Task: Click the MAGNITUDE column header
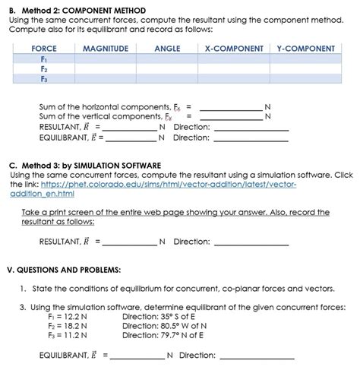point(105,49)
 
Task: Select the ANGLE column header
point(167,49)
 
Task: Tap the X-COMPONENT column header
point(234,49)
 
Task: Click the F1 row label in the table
point(44,59)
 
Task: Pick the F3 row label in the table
point(44,78)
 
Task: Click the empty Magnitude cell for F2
point(105,68)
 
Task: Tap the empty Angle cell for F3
point(167,78)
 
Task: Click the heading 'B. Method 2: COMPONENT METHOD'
point(77,11)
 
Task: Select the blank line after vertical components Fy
point(229,116)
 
